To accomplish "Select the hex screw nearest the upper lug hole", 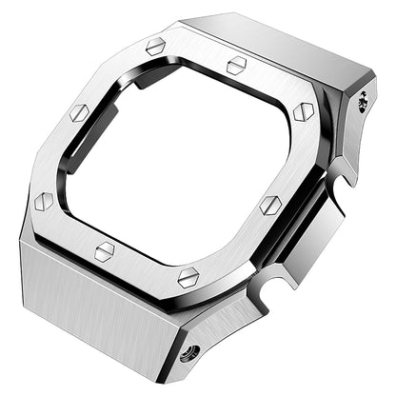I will pos(304,112).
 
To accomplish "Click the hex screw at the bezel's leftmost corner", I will pos(43,202).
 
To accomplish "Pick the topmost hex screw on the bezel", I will pos(155,45).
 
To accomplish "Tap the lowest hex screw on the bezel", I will pos(188,277).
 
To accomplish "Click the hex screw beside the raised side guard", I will pos(269,205).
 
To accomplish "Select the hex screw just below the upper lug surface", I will pos(237,65).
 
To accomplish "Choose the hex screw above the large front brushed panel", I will pos(105,250).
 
